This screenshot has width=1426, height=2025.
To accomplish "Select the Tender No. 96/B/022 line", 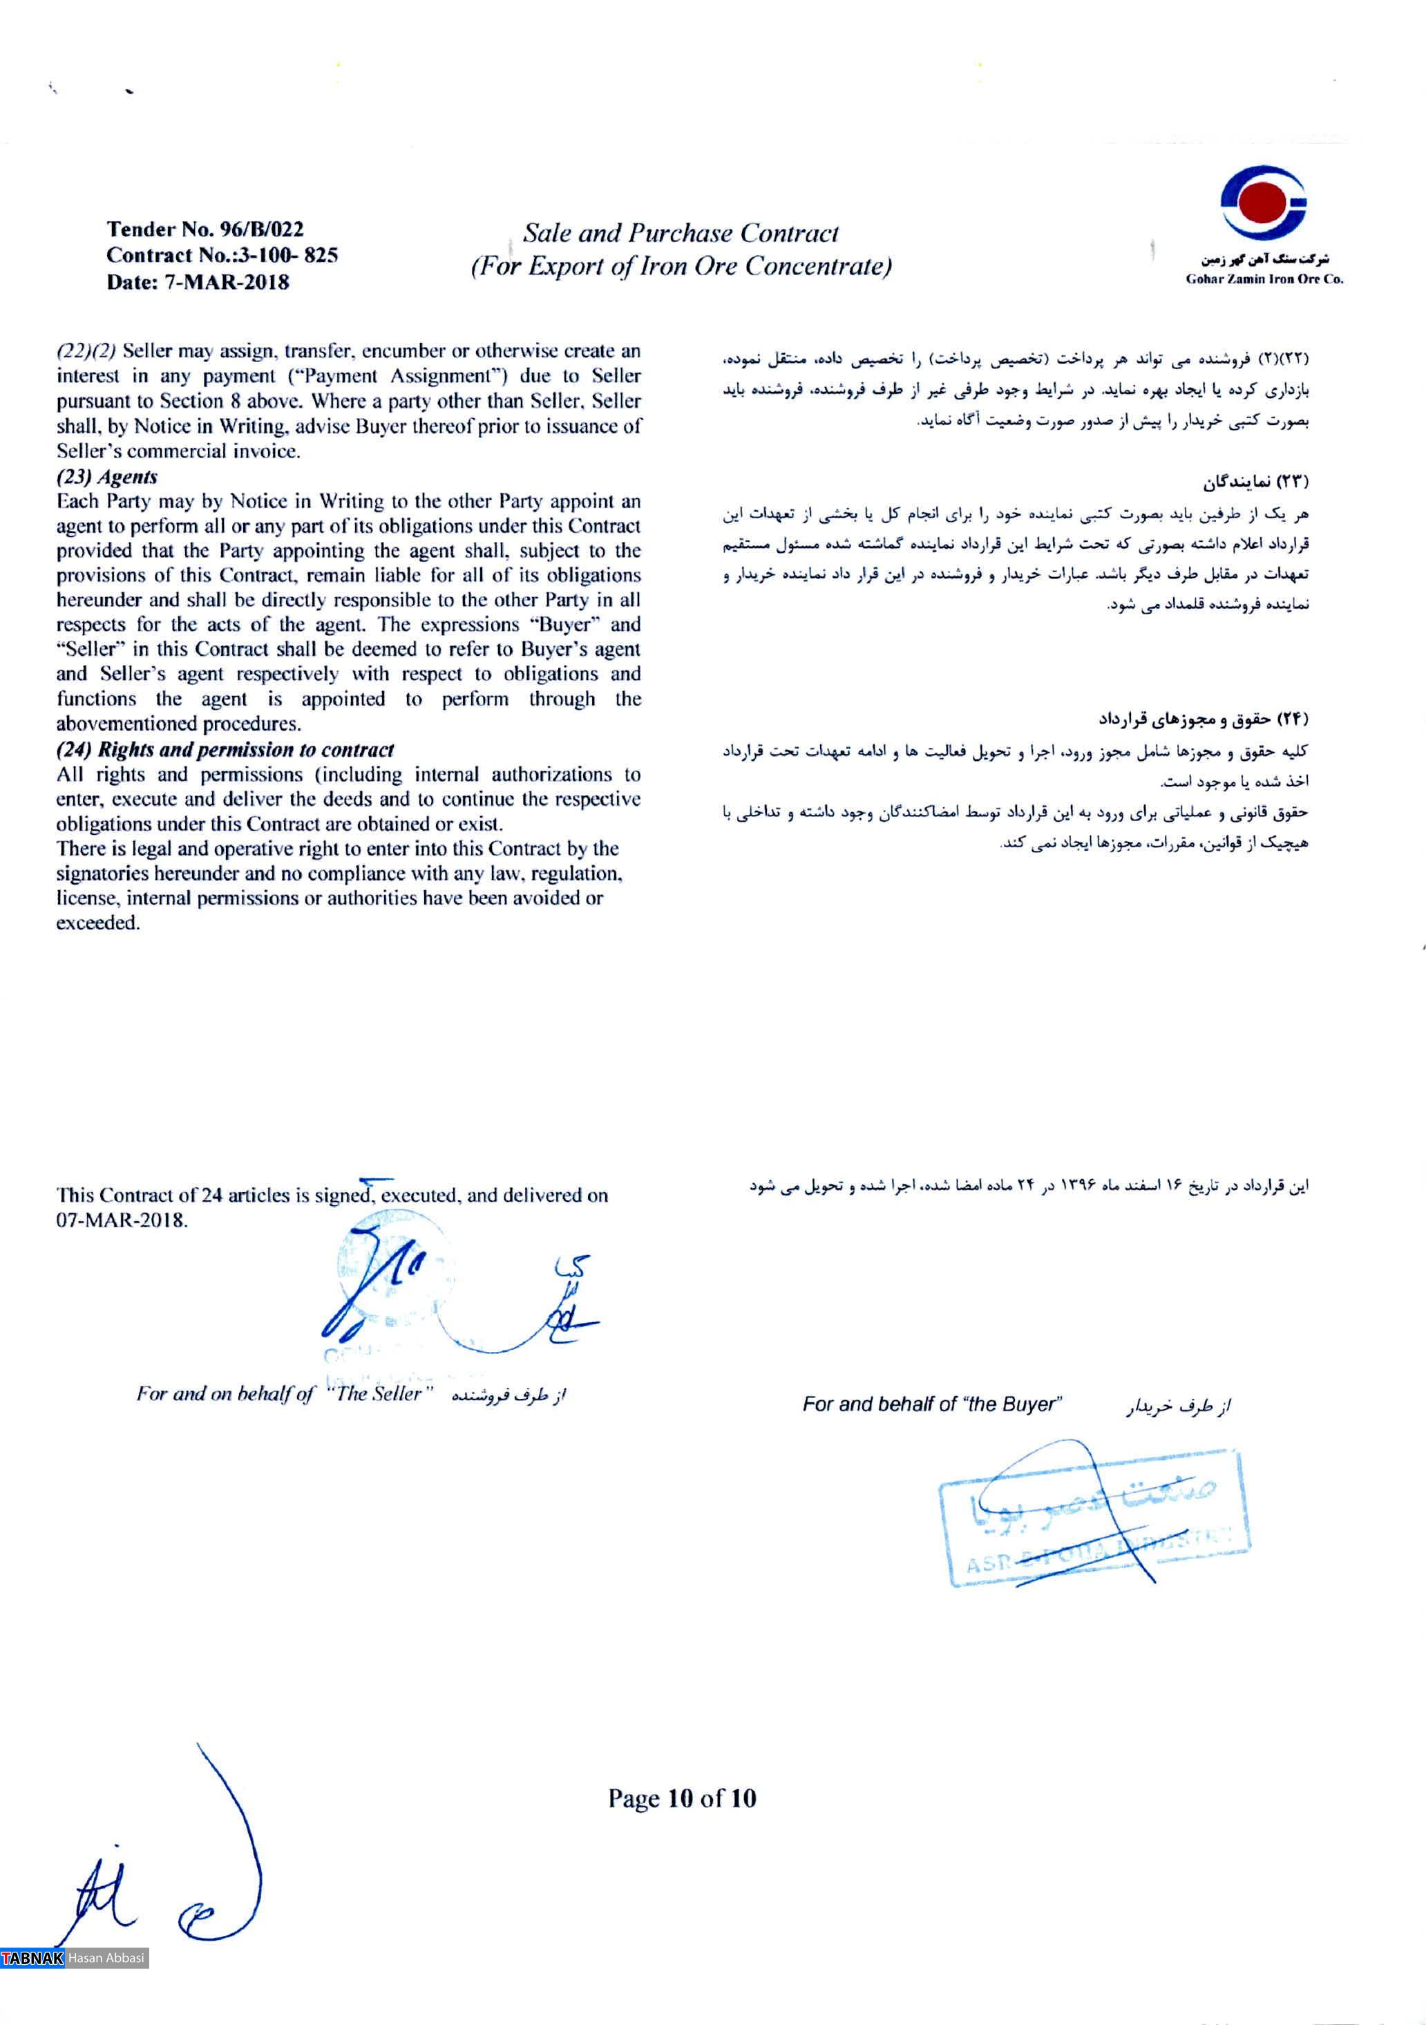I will click(205, 229).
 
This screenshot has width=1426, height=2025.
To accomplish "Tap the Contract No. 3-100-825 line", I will click(221, 256).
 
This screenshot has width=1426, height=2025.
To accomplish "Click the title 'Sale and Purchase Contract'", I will click(680, 234).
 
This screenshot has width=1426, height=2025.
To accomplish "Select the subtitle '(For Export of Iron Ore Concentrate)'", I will click(680, 266).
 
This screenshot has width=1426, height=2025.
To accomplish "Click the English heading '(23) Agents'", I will click(106, 477).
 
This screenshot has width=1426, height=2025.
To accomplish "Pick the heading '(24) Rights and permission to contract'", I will click(225, 750).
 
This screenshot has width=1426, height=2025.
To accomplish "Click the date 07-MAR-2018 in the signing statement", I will click(122, 1221).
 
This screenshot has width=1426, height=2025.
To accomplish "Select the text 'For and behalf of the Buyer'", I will click(932, 1404).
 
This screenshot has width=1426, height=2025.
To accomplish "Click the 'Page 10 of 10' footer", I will click(682, 1798).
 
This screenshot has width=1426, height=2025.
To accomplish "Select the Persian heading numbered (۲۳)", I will click(1256, 482).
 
